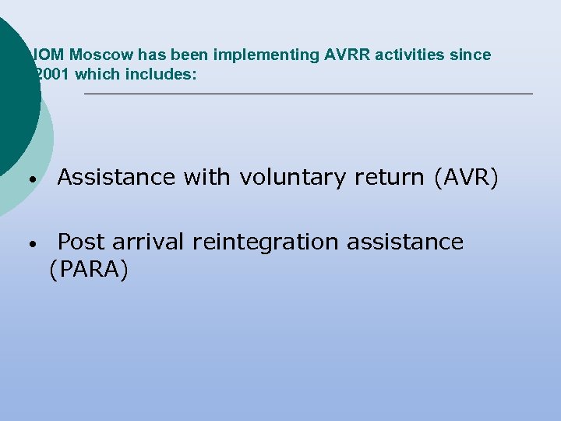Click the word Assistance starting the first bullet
click(116, 178)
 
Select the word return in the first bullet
click(390, 178)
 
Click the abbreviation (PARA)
click(88, 270)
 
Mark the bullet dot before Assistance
click(32, 179)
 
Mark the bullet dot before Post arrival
click(32, 244)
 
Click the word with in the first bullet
click(206, 178)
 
